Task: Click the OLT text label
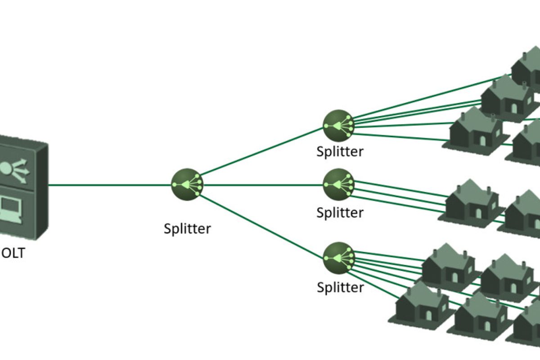coord(12,253)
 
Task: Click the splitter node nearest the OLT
coord(187,184)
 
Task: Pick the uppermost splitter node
coord(338,123)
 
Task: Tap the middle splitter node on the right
coord(338,184)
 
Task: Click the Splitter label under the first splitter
coord(187,228)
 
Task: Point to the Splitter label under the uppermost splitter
coord(340,151)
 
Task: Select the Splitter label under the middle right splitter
coord(340,212)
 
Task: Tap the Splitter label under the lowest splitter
coord(340,287)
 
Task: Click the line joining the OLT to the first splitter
coord(108,184)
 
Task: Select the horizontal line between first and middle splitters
coord(263,184)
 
